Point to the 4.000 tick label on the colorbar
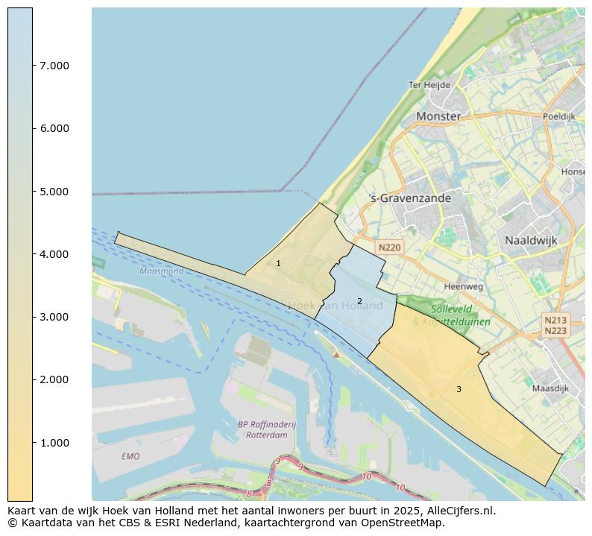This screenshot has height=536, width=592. (54, 254)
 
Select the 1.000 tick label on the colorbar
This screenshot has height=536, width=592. (54, 443)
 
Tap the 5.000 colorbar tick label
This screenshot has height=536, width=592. (54, 192)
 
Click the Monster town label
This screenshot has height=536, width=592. (438, 116)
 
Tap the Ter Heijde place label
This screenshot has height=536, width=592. (429, 85)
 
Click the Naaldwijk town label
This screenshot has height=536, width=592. (531, 241)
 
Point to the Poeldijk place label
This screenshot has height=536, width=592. (558, 116)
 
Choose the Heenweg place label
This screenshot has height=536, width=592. (463, 286)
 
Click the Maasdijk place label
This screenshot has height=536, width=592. (550, 388)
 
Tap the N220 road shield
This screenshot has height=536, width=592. (389, 247)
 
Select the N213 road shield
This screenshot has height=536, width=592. (555, 320)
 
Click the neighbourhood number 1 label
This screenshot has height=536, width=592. (278, 263)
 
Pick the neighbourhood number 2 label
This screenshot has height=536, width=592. (359, 301)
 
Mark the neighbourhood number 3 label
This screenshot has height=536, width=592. (459, 389)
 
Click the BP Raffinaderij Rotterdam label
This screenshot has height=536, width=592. (267, 429)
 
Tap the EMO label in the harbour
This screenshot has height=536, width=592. (130, 456)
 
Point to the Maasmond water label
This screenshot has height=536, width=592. (161, 271)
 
